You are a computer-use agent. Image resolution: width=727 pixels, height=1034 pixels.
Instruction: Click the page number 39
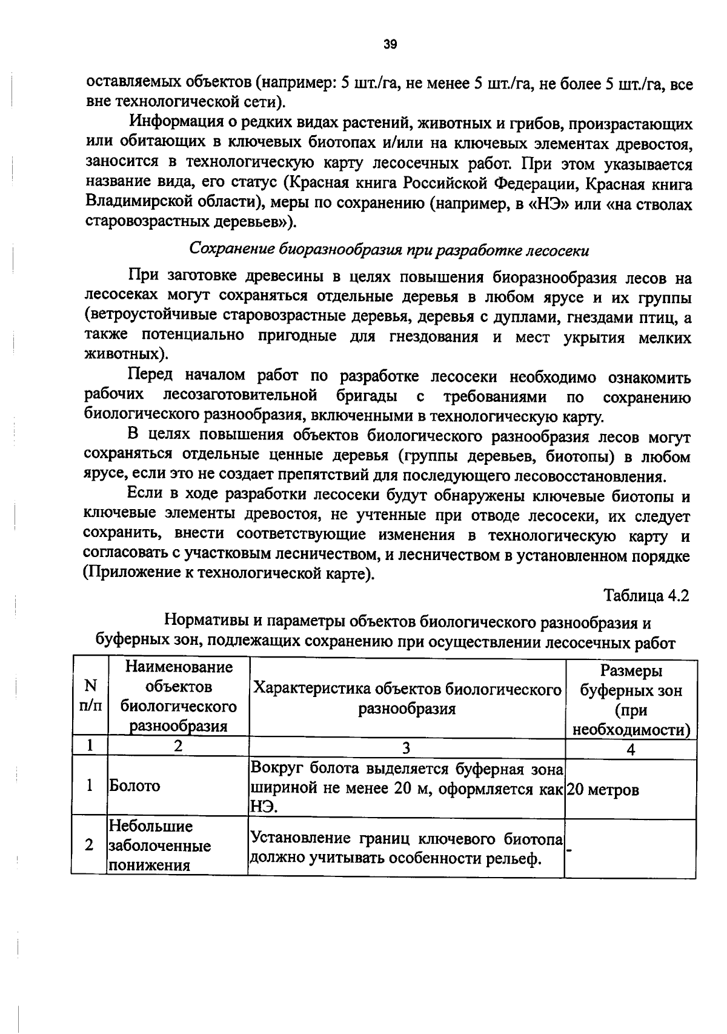click(390, 44)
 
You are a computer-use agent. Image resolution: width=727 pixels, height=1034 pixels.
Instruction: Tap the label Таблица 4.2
click(646, 595)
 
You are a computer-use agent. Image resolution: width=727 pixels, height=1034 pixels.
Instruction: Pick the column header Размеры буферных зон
click(631, 700)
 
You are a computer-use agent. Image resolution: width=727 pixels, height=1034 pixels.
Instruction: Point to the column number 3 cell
click(406, 748)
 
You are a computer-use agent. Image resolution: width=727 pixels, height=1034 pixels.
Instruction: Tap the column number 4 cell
click(630, 749)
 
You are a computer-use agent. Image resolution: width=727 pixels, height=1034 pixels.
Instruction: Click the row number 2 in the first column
click(90, 844)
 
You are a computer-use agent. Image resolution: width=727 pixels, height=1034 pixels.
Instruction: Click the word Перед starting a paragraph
click(151, 376)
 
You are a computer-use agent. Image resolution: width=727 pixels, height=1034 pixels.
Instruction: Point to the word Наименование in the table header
click(179, 667)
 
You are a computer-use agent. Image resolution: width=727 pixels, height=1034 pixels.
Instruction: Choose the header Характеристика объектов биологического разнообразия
click(406, 698)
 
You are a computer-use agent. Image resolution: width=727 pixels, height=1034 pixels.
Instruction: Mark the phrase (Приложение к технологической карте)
click(229, 573)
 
